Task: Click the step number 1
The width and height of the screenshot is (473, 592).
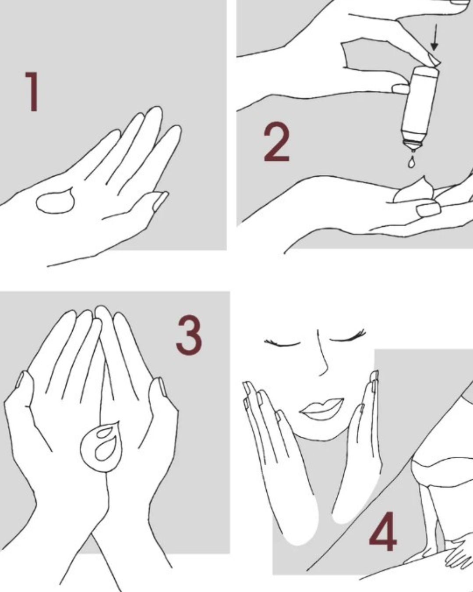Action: tap(32, 92)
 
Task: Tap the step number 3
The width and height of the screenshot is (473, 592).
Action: tap(189, 335)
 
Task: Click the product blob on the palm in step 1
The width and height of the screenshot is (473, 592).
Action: tap(56, 200)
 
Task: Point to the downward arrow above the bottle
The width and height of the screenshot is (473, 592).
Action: tap(434, 37)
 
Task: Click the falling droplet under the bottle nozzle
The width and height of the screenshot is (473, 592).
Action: tap(411, 162)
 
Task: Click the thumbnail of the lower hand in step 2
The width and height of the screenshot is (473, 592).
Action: tap(427, 210)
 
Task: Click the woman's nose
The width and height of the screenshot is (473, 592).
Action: tap(322, 355)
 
